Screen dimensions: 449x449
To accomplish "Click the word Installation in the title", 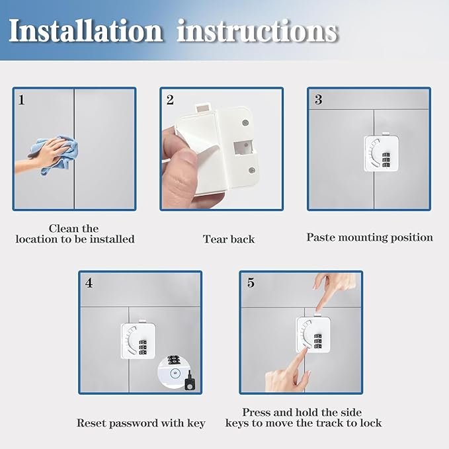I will tap(85, 30).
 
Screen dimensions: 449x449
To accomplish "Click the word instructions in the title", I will tap(258, 30).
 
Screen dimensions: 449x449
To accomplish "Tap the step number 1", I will tap(22, 101).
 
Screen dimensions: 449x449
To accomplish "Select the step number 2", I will tap(170, 101).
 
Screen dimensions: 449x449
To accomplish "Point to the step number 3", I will tap(318, 100).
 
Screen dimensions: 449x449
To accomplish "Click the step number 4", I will tap(89, 283).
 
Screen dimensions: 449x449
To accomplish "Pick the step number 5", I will tap(251, 283).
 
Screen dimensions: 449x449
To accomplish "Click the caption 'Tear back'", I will tap(229, 239).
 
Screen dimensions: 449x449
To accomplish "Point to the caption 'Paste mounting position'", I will tap(370, 237).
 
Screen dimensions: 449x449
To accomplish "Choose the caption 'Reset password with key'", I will tap(141, 423).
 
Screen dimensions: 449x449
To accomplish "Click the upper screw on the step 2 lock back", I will tap(245, 123).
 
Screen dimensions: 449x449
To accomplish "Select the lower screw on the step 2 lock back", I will tap(253, 170).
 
